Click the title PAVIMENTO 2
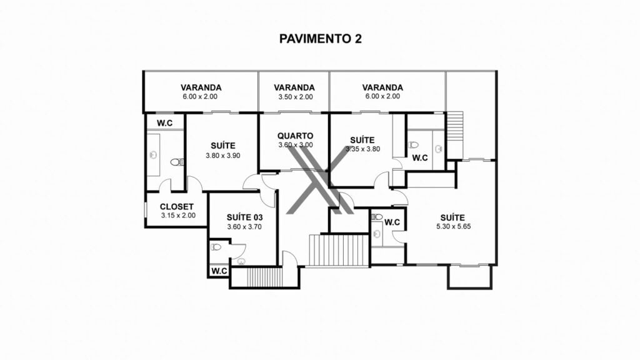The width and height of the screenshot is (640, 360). pyautogui.click(x=321, y=39)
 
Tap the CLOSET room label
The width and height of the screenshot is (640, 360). pyautogui.click(x=177, y=206)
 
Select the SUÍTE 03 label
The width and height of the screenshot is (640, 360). pyautogui.click(x=244, y=217)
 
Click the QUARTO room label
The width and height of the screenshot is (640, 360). pyautogui.click(x=296, y=136)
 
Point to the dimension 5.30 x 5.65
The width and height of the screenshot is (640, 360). pyautogui.click(x=454, y=226)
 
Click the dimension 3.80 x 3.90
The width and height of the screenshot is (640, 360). pyautogui.click(x=223, y=156)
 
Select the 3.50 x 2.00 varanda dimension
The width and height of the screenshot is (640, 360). pyautogui.click(x=296, y=97)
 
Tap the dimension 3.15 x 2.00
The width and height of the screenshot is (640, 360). pyautogui.click(x=178, y=216)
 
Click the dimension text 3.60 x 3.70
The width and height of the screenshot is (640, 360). pyautogui.click(x=244, y=227)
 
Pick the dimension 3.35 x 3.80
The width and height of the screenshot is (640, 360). pyautogui.click(x=363, y=149)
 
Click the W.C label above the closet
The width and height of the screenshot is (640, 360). pyautogui.click(x=165, y=123)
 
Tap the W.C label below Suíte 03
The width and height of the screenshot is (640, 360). pyautogui.click(x=219, y=271)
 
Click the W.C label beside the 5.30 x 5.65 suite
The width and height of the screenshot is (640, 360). pyautogui.click(x=392, y=222)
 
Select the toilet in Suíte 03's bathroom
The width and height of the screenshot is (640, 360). pyautogui.click(x=216, y=247)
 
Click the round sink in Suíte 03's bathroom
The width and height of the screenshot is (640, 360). pyautogui.click(x=241, y=262)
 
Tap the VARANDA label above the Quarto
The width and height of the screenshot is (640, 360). pyautogui.click(x=294, y=87)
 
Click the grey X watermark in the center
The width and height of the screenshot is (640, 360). pyautogui.click(x=317, y=180)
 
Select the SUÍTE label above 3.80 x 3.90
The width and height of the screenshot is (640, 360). pyautogui.click(x=223, y=146)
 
